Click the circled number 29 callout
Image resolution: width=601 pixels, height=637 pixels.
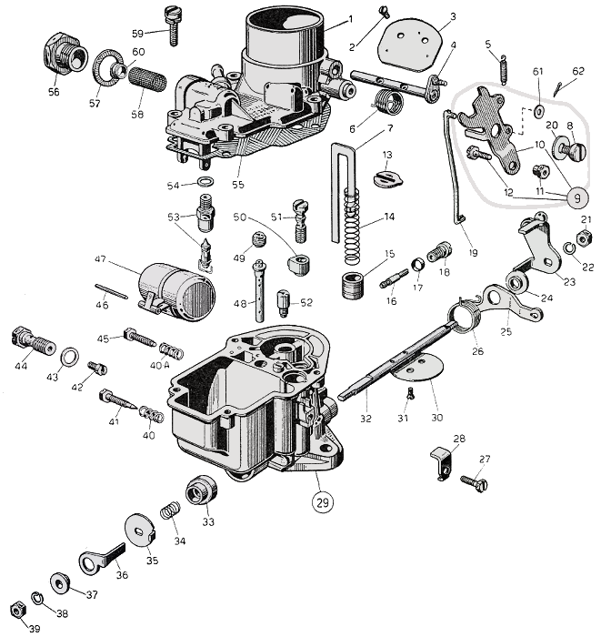322,500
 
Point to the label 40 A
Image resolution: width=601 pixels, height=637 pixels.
160,365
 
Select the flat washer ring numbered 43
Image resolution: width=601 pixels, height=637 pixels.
69,353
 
